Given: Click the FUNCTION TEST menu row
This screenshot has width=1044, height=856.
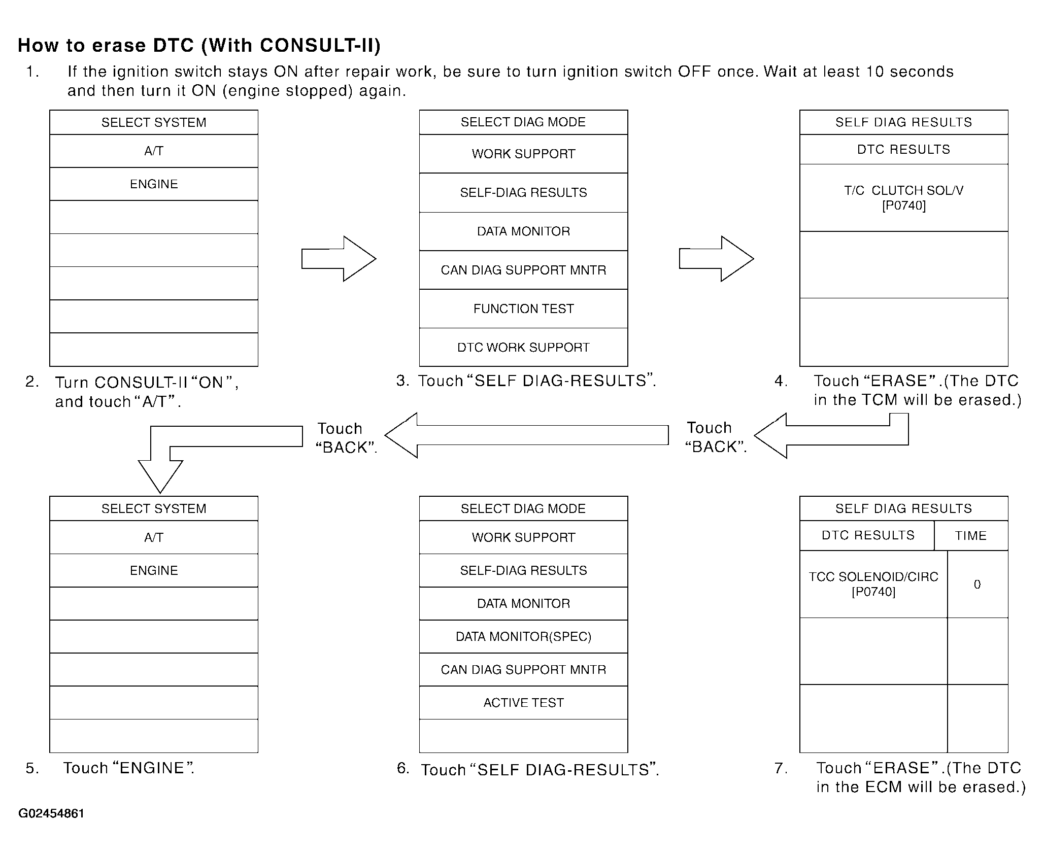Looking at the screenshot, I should click(523, 309).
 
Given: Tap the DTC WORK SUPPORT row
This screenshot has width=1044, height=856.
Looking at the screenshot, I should click(523, 348).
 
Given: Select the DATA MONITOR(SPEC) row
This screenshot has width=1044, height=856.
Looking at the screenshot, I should click(523, 636).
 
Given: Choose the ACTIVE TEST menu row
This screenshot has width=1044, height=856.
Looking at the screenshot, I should click(523, 703).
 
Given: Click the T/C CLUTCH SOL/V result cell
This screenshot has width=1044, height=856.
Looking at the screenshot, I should click(903, 197).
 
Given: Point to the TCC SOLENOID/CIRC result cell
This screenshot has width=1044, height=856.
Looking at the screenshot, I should click(873, 584).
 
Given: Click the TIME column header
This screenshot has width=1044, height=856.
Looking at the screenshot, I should click(970, 536).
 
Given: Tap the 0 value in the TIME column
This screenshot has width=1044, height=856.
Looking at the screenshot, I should click(977, 585).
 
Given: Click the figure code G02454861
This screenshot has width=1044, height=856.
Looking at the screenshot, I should click(51, 813).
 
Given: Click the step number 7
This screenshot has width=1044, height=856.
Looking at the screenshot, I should click(781, 768).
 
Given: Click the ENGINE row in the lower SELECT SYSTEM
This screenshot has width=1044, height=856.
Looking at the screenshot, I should click(154, 570).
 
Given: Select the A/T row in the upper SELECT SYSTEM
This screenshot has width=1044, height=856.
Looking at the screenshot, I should click(154, 151).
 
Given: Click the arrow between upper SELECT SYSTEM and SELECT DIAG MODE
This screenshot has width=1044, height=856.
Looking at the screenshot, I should click(339, 259).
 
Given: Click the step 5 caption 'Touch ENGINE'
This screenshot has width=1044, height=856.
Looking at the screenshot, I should click(128, 768).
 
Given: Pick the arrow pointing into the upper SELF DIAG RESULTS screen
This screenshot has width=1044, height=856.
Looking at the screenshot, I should click(716, 259).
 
